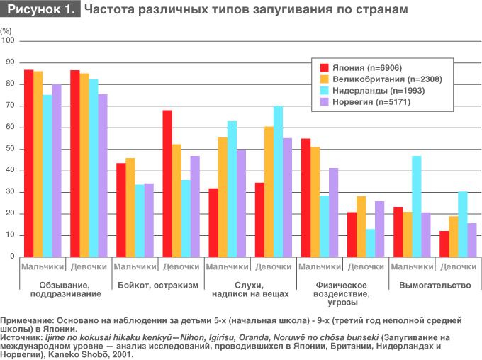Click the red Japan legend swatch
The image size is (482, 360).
coord(325,67)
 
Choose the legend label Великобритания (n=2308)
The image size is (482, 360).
coord(383,79)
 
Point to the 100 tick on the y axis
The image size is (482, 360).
coord(9,41)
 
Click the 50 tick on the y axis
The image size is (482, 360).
coord(9,149)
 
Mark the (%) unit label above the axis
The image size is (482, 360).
coord(6,31)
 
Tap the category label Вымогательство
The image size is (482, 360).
coord(435,285)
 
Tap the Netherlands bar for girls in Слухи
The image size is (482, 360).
coord(278,181)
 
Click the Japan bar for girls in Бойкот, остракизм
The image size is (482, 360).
coord(167,184)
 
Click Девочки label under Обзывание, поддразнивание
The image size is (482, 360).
coord(89,266)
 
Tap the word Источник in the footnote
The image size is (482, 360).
coord(19,339)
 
